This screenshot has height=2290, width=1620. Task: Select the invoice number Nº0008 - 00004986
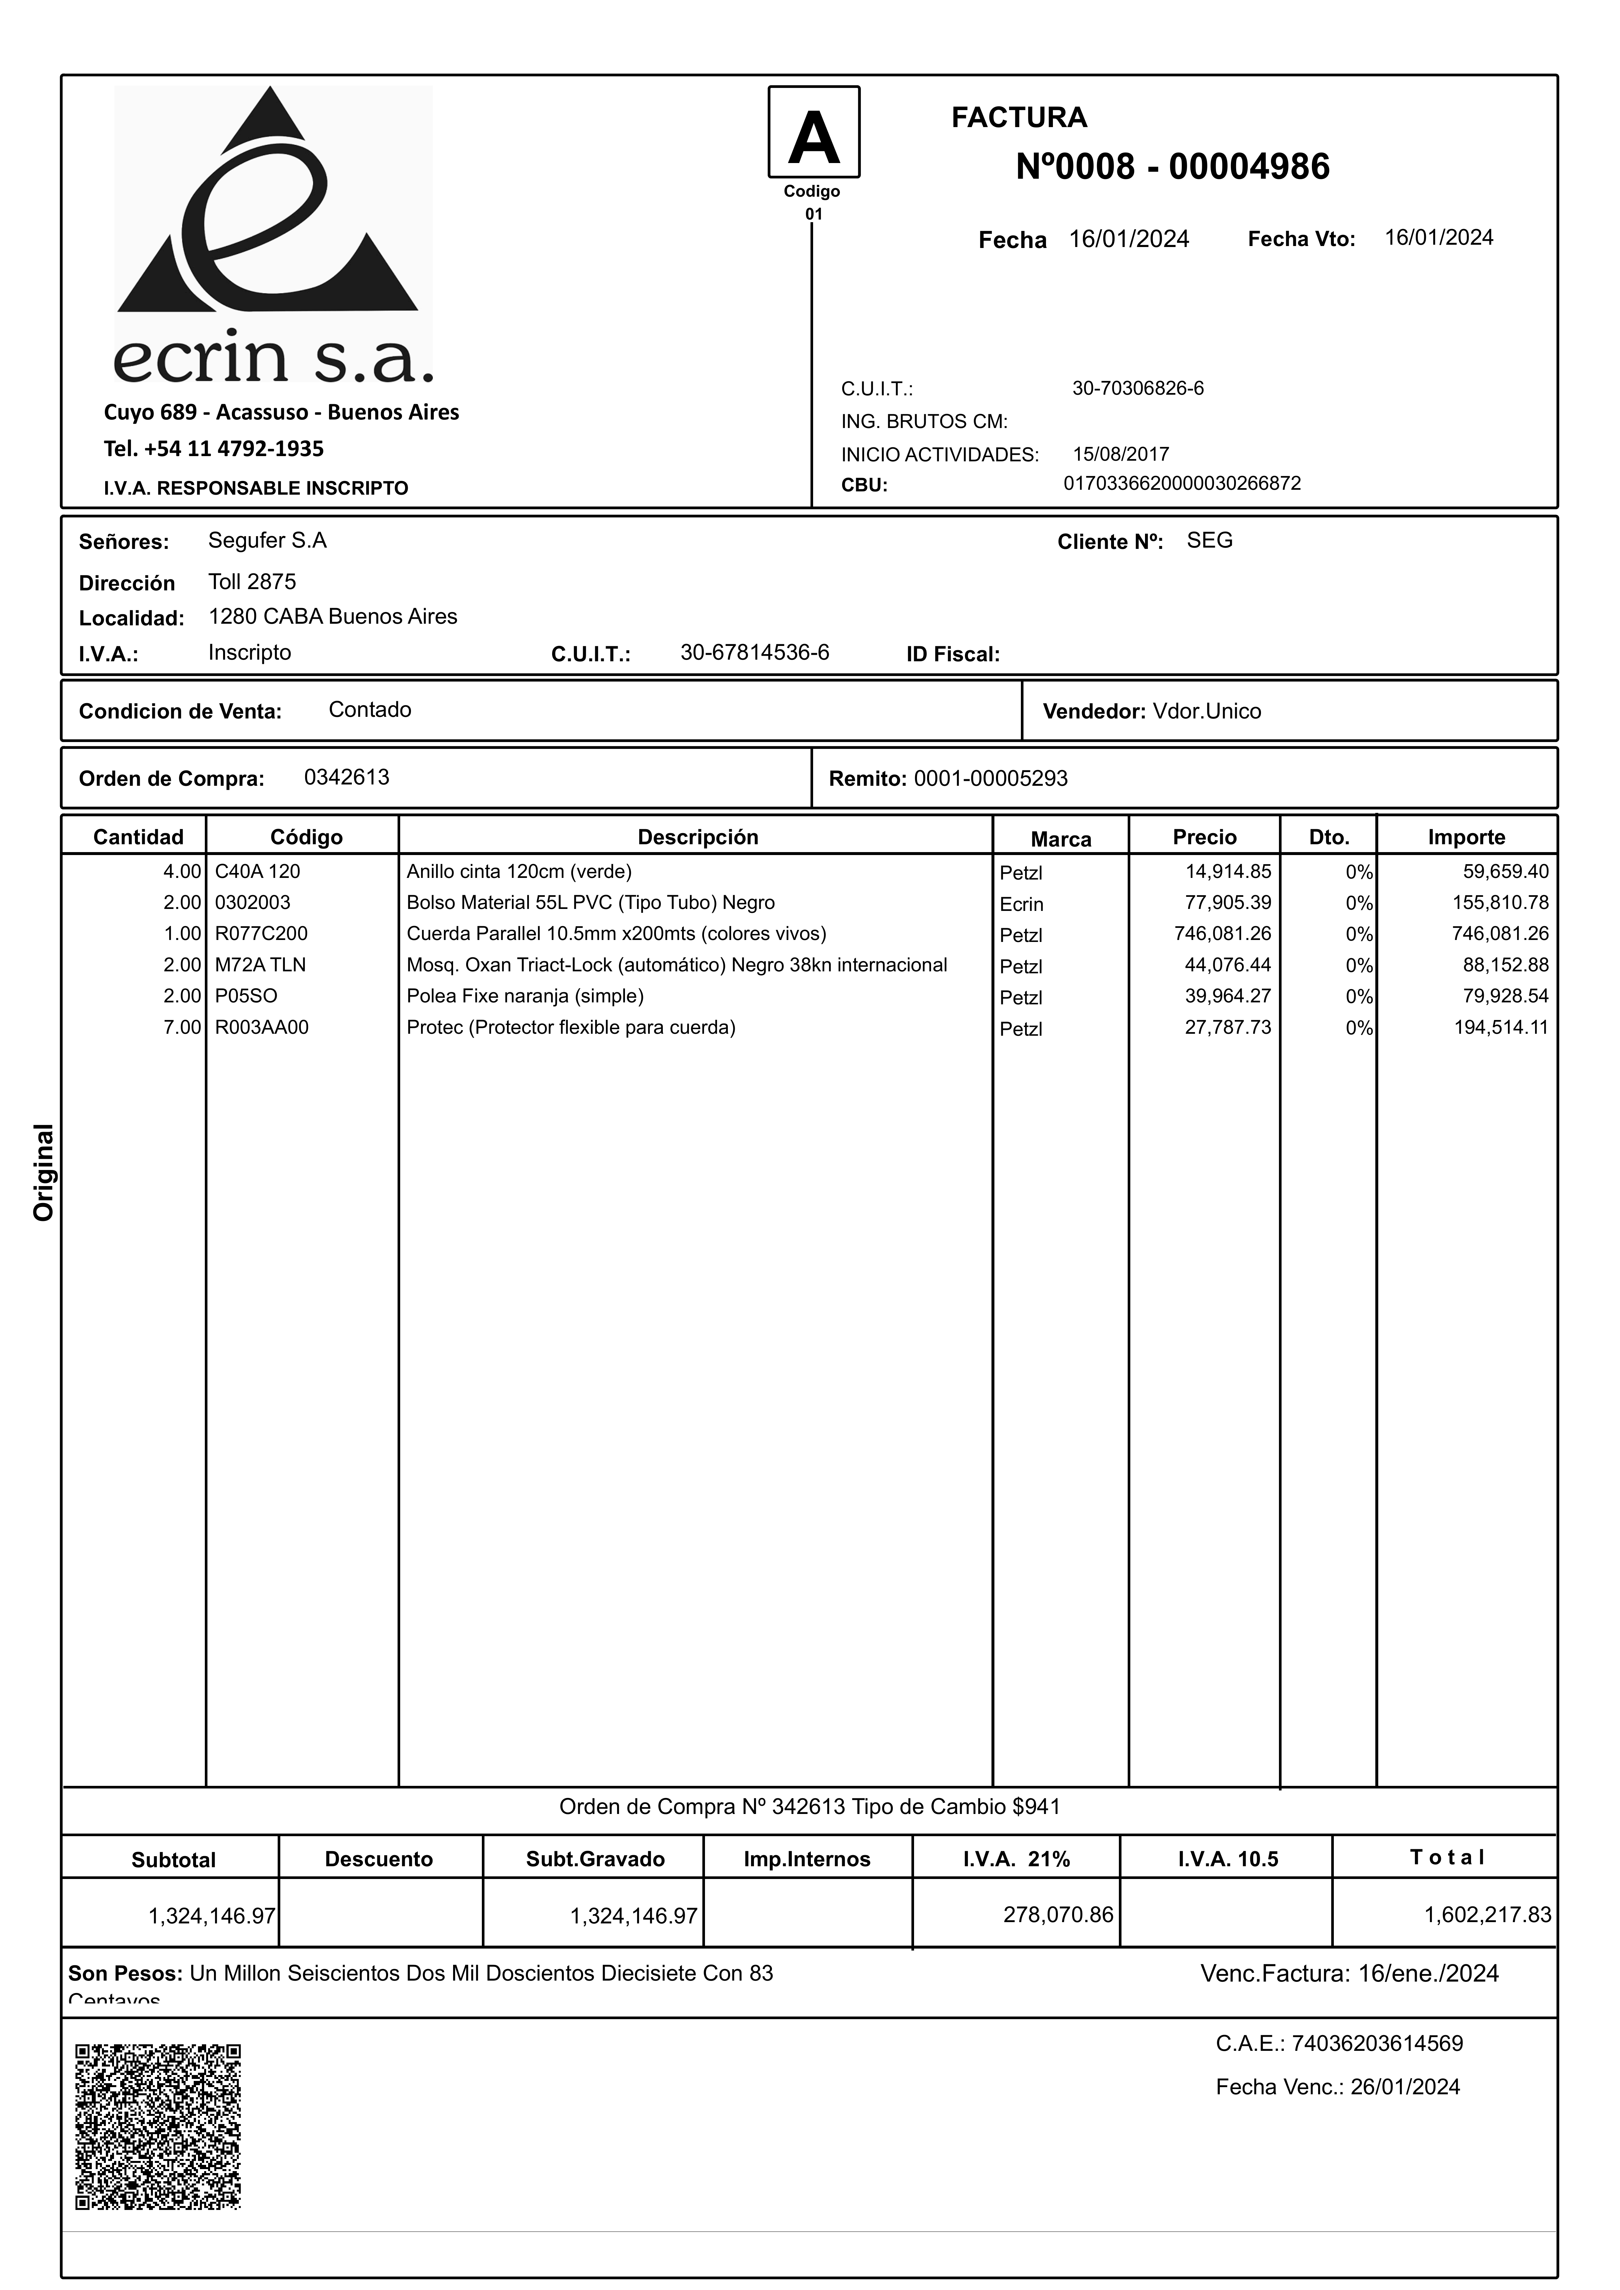pos(1172,167)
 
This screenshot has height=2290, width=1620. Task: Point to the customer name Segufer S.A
pos(267,541)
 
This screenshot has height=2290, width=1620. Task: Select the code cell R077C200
pos(261,933)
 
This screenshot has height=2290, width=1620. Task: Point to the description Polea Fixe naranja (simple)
pos(525,996)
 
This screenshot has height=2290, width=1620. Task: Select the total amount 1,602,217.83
pos(1487,1914)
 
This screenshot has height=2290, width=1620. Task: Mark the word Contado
pos(370,709)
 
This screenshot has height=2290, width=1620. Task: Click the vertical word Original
pos(44,1172)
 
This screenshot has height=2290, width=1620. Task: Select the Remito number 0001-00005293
pos(990,778)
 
